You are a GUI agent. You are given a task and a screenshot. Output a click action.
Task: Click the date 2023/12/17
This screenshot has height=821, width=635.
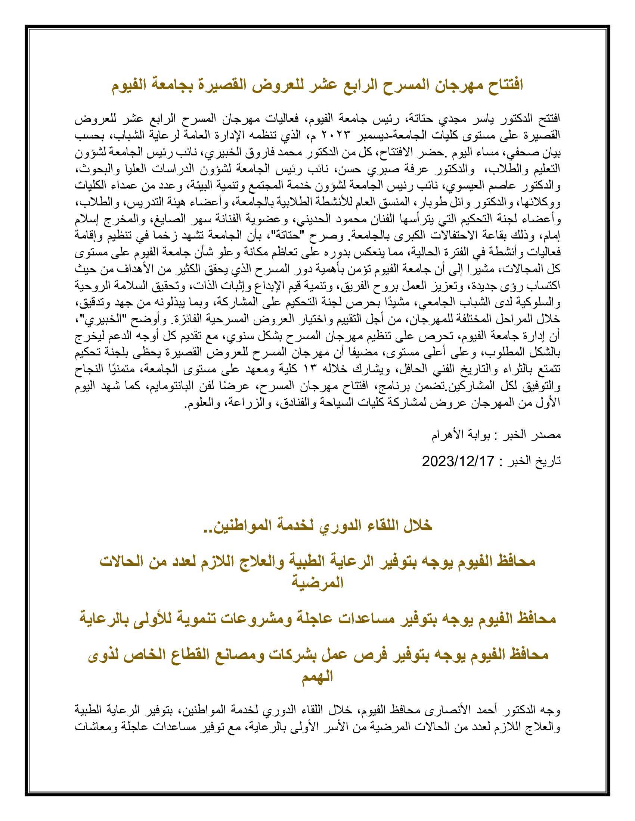(x=458, y=461)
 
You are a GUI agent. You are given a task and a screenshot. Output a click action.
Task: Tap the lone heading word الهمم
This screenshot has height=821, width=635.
(x=317, y=677)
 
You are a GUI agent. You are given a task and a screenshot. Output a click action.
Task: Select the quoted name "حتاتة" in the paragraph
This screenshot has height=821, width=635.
(x=288, y=236)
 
